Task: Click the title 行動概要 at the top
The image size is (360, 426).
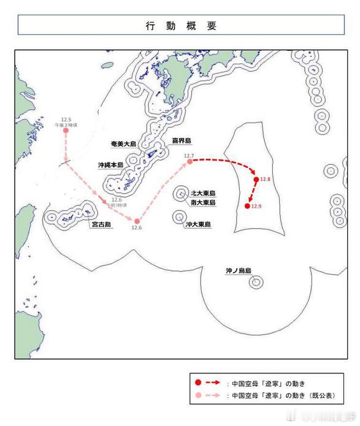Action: [180, 26]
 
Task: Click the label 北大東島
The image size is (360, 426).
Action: [203, 192]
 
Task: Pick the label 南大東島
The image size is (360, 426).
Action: [203, 202]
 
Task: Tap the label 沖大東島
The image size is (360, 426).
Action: [198, 225]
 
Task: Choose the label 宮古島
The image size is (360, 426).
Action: [101, 225]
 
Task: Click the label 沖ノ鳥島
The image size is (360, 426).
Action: [238, 270]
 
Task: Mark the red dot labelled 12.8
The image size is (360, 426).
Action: [256, 179]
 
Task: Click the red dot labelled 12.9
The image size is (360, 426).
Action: [247, 206]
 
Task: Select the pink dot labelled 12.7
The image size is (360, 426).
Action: [190, 161]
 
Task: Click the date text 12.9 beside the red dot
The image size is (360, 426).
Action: [256, 206]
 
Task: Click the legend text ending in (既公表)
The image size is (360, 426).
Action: [282, 396]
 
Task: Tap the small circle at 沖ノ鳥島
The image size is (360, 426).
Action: [255, 282]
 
